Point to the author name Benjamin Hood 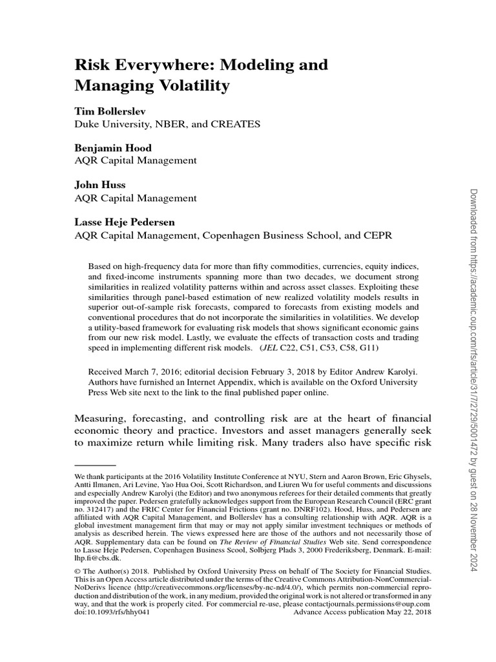click(x=114, y=148)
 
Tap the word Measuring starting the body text click(x=101, y=419)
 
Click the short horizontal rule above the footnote click(x=95, y=465)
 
